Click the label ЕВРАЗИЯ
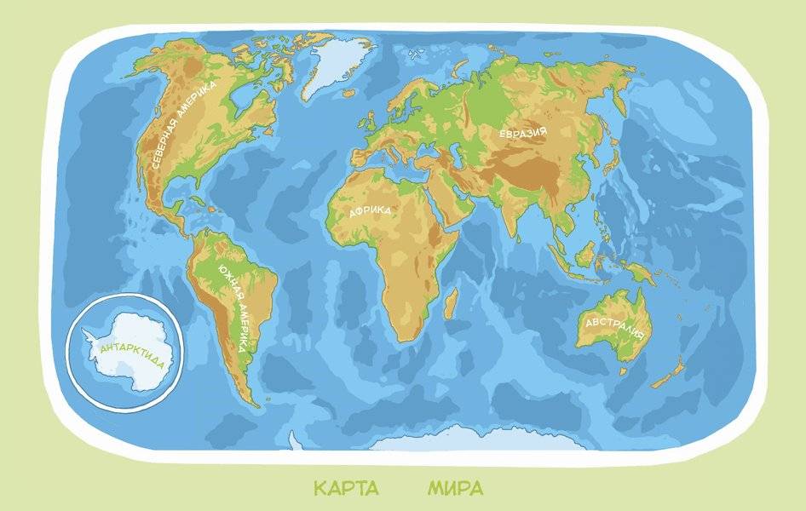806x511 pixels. (522, 133)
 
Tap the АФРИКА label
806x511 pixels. (370, 211)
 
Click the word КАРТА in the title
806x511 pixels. (346, 489)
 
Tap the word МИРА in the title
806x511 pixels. (455, 489)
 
